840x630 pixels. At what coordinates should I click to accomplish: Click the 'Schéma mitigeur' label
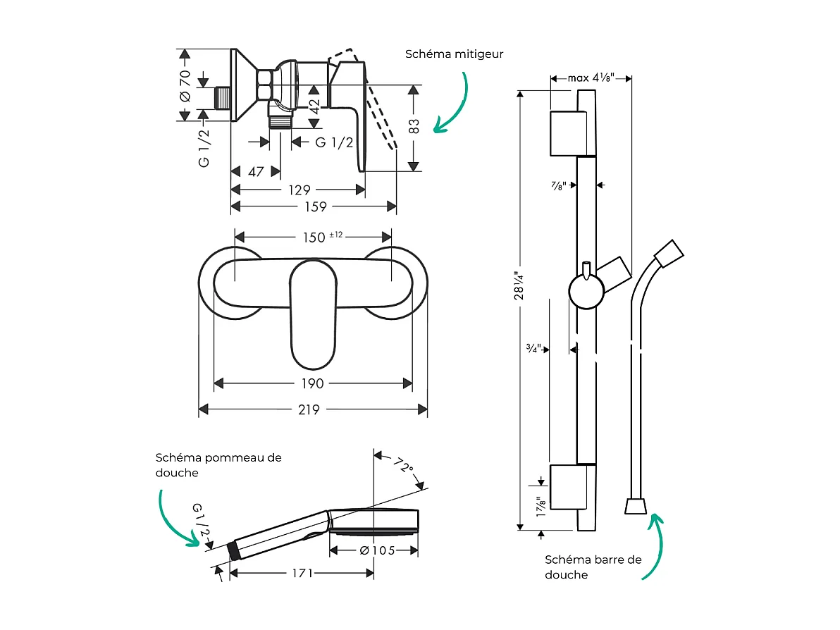pyautogui.click(x=454, y=54)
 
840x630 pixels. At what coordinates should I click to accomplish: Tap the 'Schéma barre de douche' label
pyautogui.click(x=593, y=567)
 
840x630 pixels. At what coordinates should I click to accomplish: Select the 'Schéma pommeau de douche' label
pyautogui.click(x=218, y=465)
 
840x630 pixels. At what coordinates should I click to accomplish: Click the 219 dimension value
pyautogui.click(x=309, y=409)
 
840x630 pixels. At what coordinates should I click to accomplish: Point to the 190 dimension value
pyautogui.click(x=312, y=383)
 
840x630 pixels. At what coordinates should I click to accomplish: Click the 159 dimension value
pyautogui.click(x=315, y=206)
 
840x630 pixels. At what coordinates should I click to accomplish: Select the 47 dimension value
pyautogui.click(x=256, y=172)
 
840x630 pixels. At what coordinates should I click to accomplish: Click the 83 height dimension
pyautogui.click(x=414, y=126)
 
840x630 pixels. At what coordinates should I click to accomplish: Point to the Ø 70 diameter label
pyautogui.click(x=185, y=87)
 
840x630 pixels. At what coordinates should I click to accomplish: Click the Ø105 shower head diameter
pyautogui.click(x=373, y=550)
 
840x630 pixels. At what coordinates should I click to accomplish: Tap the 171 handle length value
pyautogui.click(x=301, y=574)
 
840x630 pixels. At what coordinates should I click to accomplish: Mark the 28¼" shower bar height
pyautogui.click(x=521, y=286)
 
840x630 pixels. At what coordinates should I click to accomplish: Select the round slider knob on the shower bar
pyautogui.click(x=586, y=292)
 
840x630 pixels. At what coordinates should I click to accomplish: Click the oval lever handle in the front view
pyautogui.click(x=314, y=314)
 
